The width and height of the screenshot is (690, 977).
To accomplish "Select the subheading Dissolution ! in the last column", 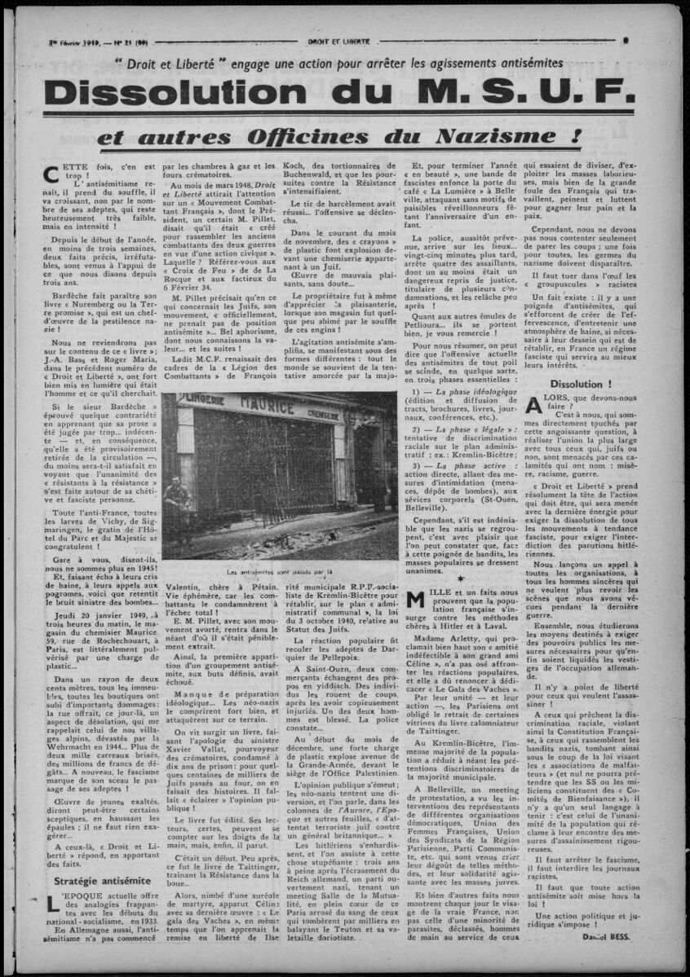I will pos(582,383).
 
